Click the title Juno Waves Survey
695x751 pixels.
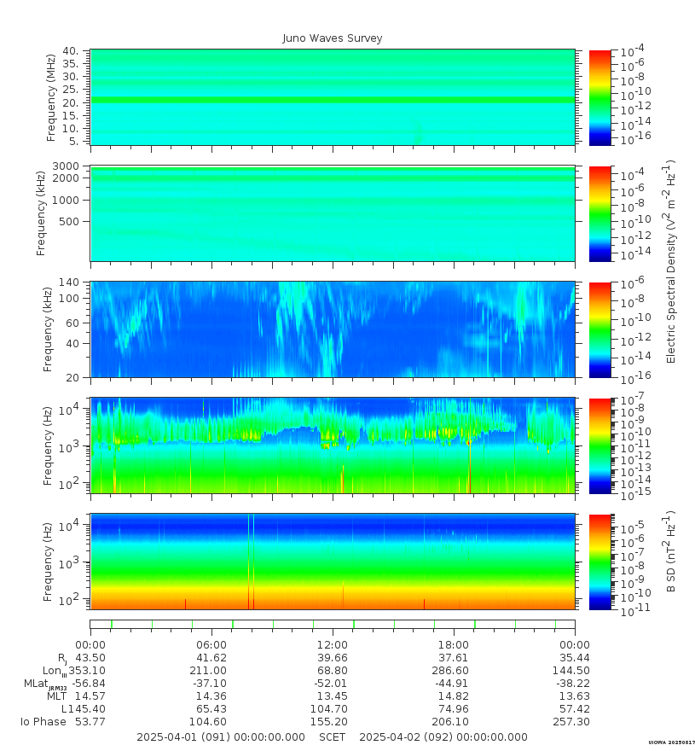coord(333,38)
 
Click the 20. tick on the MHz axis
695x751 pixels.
coord(72,102)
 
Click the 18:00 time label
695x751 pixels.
coord(454,644)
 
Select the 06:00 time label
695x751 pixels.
coord(211,644)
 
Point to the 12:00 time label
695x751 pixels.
coord(333,644)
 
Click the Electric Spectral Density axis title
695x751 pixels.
coord(670,261)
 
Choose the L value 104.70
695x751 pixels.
coord(333,709)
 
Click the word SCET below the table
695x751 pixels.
coord(333,737)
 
